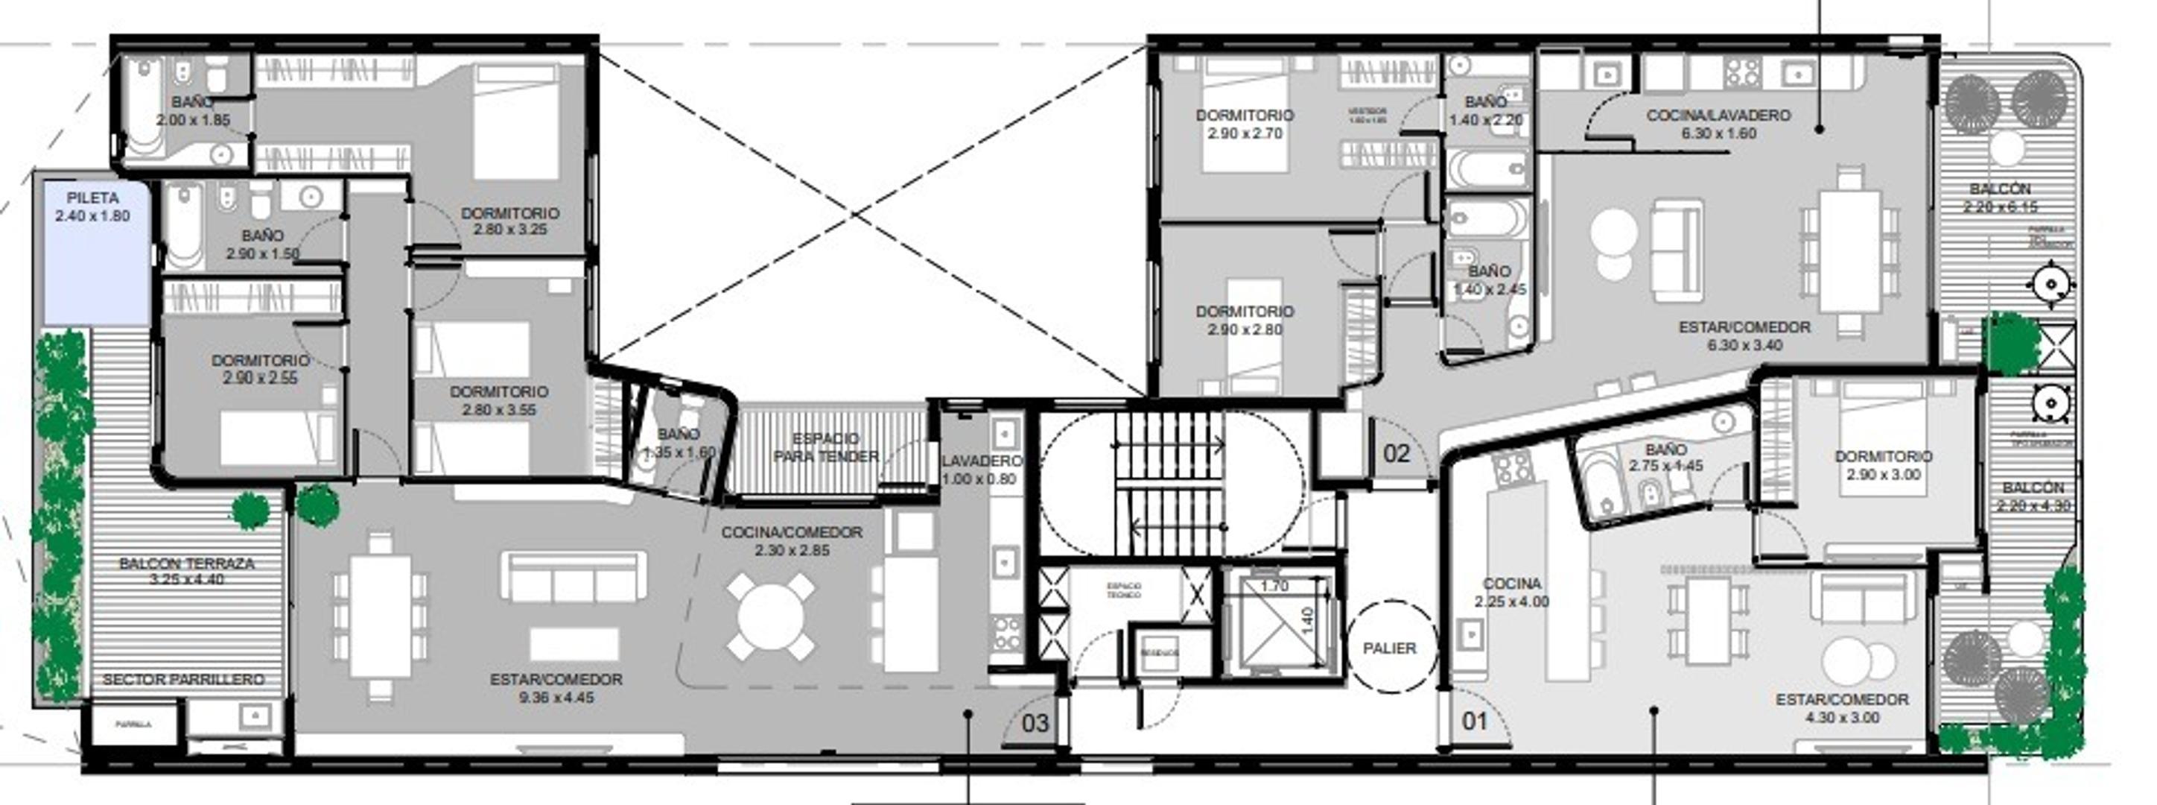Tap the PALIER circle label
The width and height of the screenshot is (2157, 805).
1389,648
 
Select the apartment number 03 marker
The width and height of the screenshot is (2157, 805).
1035,723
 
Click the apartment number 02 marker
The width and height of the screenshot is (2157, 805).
1396,454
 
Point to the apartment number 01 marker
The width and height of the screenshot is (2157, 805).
1474,720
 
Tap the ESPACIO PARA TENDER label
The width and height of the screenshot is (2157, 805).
825,448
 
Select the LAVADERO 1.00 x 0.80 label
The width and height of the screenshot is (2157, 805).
979,470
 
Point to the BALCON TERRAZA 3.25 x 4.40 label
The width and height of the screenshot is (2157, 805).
186,571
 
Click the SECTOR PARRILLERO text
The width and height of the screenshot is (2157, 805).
182,679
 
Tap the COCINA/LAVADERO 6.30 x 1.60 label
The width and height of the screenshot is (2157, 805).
1718,124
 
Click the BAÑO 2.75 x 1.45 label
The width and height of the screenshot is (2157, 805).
1665,458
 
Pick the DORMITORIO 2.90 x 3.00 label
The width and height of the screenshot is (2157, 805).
1882,465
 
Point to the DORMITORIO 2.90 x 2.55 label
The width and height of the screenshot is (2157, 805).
260,368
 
